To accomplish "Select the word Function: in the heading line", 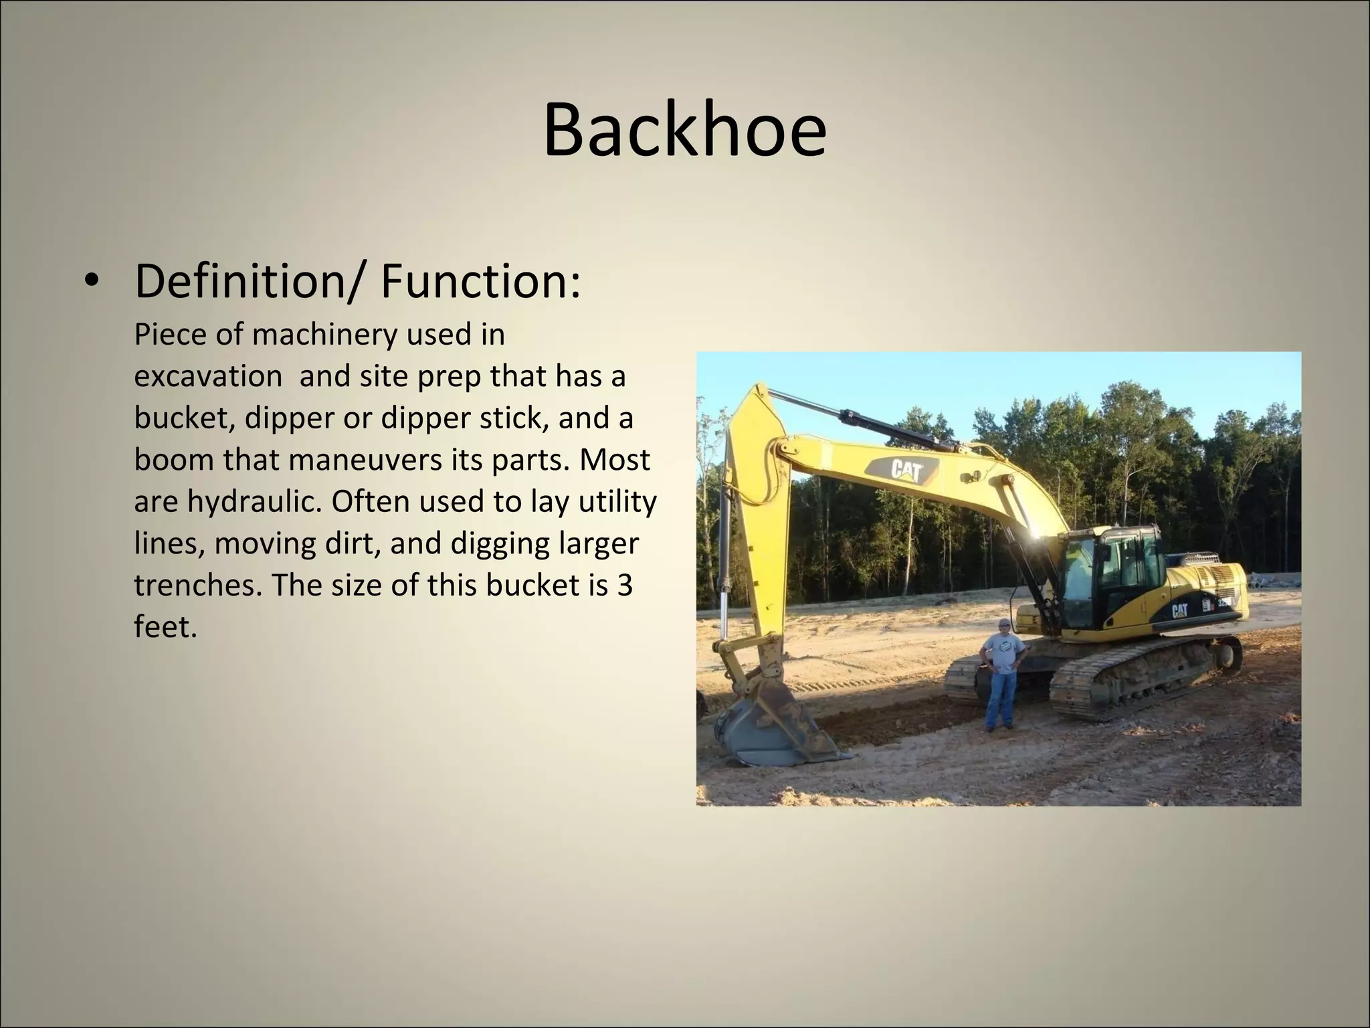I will [480, 282].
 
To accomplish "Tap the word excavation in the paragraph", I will [208, 376].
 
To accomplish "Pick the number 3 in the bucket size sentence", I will [625, 585].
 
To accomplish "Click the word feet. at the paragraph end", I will [165, 627].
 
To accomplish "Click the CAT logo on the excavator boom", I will [906, 470].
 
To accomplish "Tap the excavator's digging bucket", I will [769, 733].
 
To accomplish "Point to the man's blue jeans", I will [1000, 699].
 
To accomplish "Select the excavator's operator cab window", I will [1131, 569].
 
